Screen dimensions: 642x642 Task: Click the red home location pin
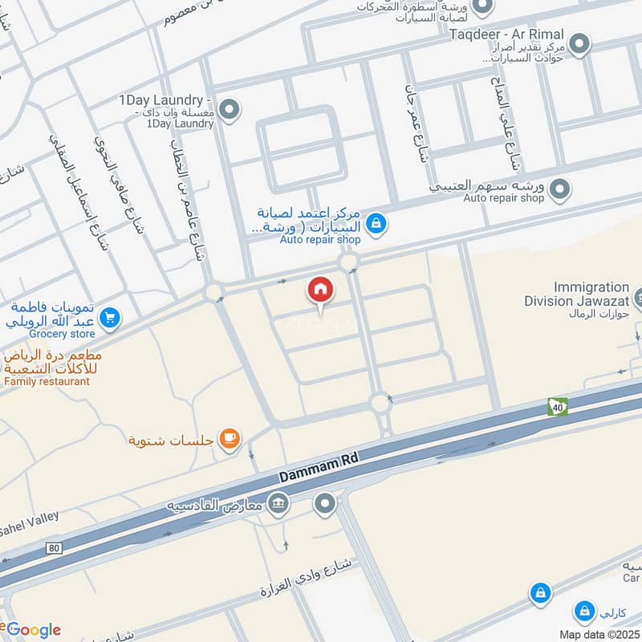tap(320, 291)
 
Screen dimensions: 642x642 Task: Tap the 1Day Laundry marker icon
tap(230, 111)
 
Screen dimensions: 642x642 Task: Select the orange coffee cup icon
tap(230, 437)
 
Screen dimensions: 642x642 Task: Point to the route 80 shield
tap(55, 548)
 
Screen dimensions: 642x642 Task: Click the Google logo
tap(32, 629)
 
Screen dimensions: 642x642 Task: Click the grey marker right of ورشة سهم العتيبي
tap(560, 190)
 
